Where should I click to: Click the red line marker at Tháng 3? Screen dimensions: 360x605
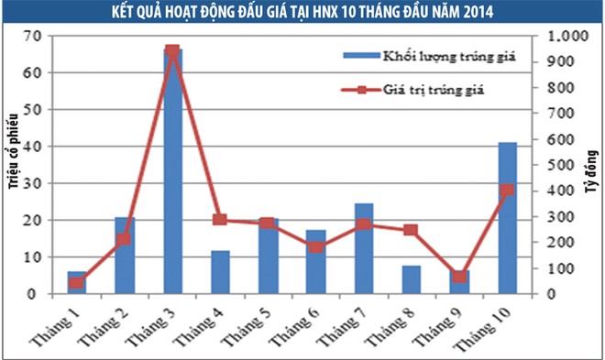pyautogui.click(x=172, y=51)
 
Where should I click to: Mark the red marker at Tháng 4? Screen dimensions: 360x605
pyautogui.click(x=220, y=220)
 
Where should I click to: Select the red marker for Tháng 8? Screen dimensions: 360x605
pyautogui.click(x=411, y=230)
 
